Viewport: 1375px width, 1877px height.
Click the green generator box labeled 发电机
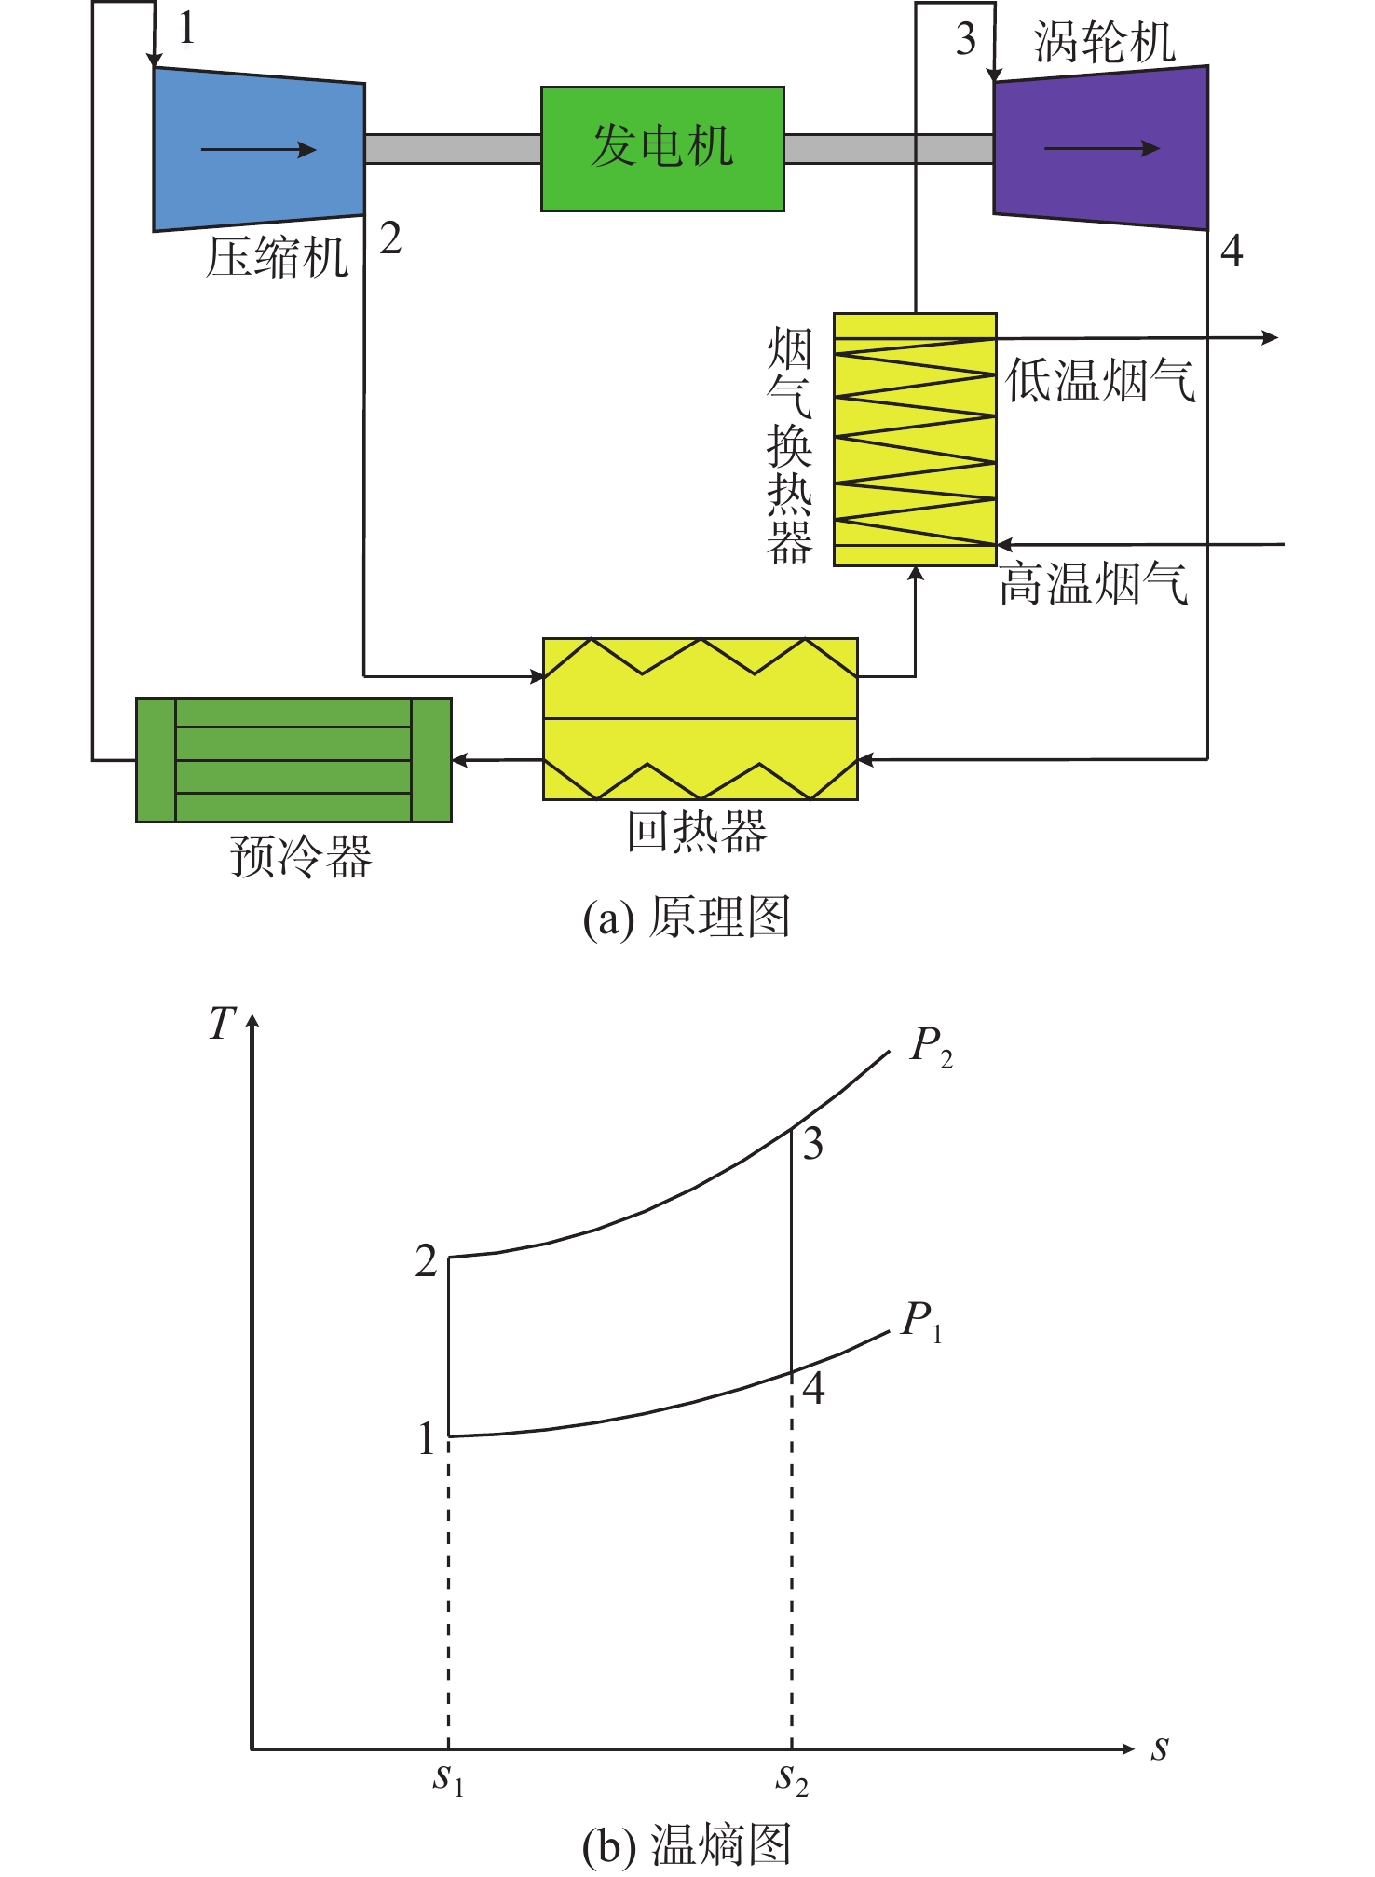[x=662, y=149]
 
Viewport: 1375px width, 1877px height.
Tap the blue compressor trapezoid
[x=259, y=149]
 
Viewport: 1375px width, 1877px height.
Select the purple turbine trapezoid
[x=1101, y=148]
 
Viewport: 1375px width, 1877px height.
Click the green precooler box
[x=293, y=760]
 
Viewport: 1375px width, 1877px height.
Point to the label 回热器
[x=697, y=832]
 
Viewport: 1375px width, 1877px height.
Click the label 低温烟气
[x=1100, y=381]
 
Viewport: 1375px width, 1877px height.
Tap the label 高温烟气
[x=1094, y=585]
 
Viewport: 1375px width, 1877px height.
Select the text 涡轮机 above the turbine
[x=1105, y=43]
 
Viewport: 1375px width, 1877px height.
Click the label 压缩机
[x=277, y=257]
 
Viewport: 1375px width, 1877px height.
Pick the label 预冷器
[x=301, y=856]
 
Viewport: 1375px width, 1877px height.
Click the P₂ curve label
[x=932, y=1048]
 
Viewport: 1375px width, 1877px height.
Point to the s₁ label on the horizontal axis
[x=448, y=1777]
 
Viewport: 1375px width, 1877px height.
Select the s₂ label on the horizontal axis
[x=792, y=1777]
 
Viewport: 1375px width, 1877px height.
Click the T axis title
[x=223, y=1023]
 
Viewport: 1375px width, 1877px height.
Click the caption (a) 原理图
[x=687, y=918]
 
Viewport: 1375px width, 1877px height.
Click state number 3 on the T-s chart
[x=813, y=1144]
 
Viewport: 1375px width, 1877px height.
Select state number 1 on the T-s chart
[x=427, y=1439]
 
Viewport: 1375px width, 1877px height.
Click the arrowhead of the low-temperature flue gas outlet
[x=1270, y=337]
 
